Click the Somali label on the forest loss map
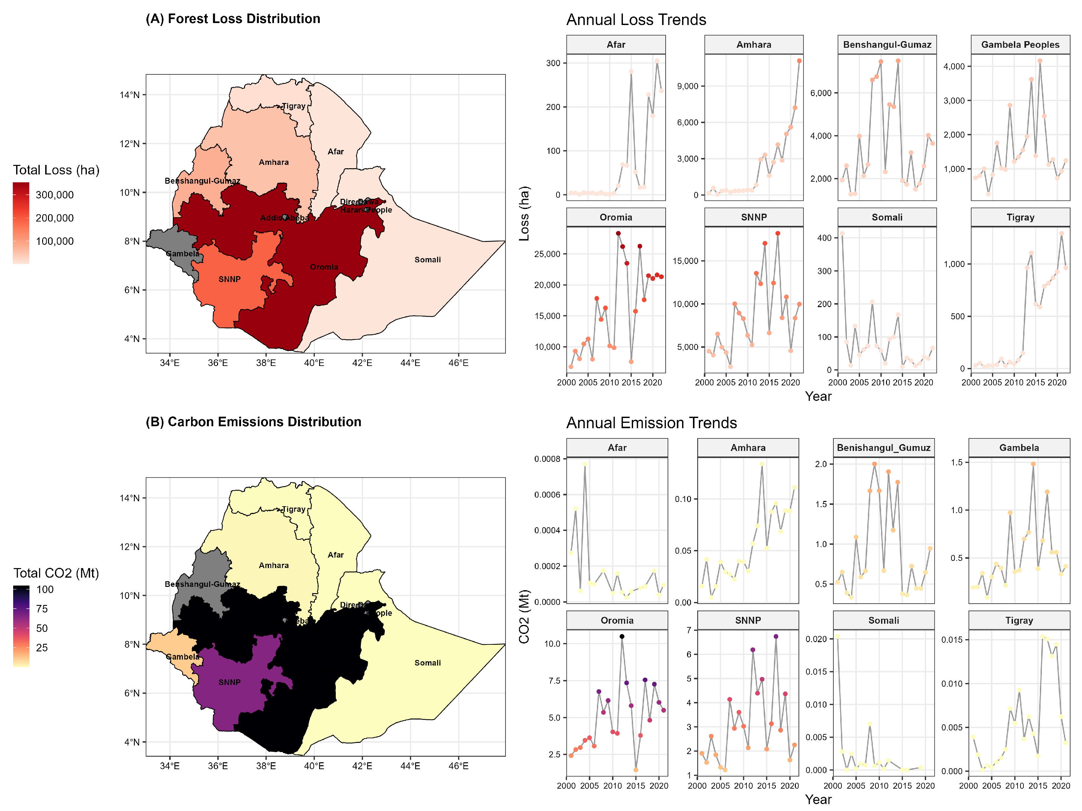[x=428, y=259]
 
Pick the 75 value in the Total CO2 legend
[x=42, y=609]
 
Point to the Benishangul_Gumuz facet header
[x=883, y=447]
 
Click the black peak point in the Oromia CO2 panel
[x=622, y=636]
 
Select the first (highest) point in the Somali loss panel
[x=842, y=233]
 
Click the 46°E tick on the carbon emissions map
[x=458, y=766]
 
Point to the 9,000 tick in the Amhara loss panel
[x=687, y=86]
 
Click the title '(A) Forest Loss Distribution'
[x=233, y=19]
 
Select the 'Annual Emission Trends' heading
[x=651, y=422]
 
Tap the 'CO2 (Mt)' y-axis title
[x=524, y=617]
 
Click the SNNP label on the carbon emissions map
[x=230, y=682]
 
